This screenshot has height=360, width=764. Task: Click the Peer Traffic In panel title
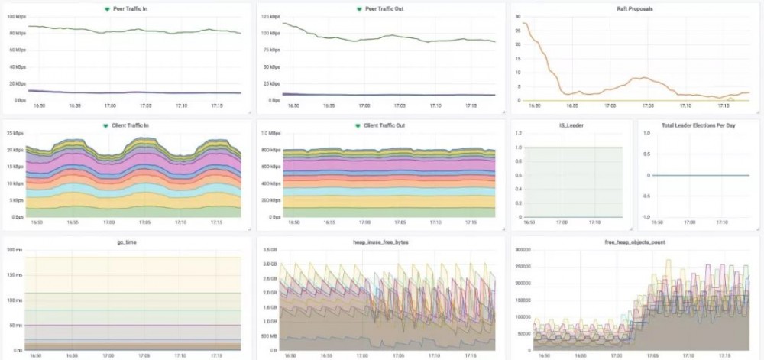click(130, 8)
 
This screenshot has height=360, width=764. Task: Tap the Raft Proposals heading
click(636, 8)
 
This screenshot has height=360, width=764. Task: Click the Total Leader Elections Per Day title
click(698, 125)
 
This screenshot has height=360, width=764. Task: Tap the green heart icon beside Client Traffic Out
click(358, 125)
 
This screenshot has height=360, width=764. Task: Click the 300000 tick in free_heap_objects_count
click(524, 249)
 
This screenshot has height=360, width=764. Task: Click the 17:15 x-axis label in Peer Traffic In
click(216, 107)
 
